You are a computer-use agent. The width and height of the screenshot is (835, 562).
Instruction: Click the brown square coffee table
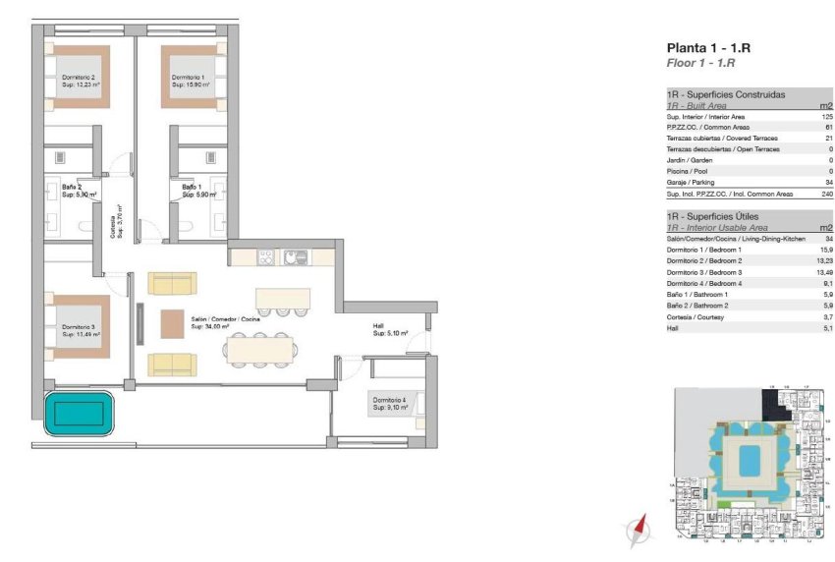173,323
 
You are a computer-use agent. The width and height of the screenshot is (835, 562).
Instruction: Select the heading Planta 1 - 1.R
701,47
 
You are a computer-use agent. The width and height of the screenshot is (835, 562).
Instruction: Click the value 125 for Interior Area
827,116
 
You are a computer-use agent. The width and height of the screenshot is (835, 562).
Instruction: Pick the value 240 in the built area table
827,194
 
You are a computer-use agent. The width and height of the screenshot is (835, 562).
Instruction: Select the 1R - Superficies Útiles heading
712,215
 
